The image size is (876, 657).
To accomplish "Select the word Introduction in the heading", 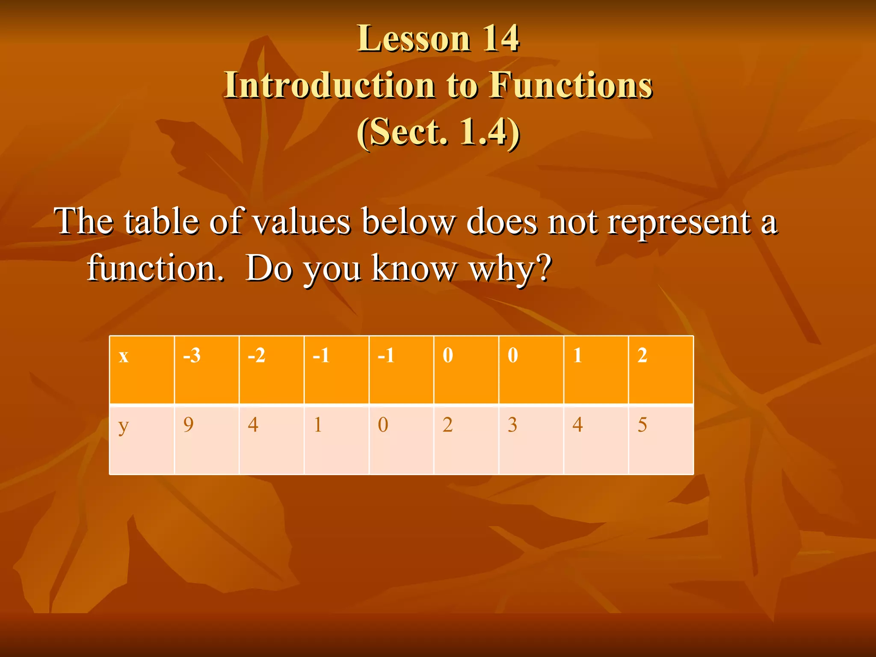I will tap(329, 85).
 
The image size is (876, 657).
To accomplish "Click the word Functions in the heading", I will tap(571, 85).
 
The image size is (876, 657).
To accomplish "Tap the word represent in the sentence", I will tap(679, 222).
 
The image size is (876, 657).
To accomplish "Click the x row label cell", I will tap(142, 370).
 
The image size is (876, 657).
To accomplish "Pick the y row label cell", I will tap(142, 440).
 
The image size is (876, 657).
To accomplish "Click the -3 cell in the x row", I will tap(207, 370).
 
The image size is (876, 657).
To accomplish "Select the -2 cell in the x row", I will tap(272, 370).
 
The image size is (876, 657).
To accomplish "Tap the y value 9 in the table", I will tap(207, 440).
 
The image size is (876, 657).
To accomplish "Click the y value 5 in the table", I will tap(661, 440).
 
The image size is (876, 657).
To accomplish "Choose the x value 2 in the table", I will tap(661, 370).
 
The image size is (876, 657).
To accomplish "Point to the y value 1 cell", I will tap(337, 440).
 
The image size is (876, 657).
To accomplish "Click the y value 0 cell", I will tap(401, 440).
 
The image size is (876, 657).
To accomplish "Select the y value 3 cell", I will tap(531, 440).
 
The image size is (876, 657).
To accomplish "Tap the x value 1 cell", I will tap(596, 370).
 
